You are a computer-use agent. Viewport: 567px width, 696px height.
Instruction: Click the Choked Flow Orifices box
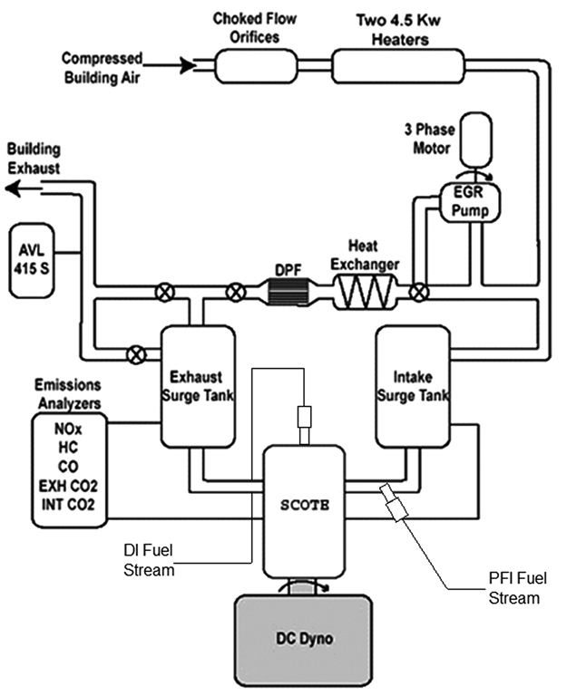click(256, 66)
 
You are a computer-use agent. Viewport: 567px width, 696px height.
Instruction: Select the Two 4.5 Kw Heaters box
click(398, 66)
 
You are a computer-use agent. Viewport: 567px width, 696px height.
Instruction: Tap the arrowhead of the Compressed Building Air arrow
click(189, 66)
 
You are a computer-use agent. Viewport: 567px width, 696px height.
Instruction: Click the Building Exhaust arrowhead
click(14, 188)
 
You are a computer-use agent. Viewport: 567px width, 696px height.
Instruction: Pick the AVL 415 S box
click(32, 261)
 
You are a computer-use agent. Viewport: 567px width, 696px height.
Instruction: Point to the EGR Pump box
click(470, 202)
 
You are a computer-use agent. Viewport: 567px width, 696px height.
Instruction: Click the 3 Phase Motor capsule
click(475, 140)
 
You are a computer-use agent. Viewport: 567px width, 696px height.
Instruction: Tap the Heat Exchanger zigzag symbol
click(365, 292)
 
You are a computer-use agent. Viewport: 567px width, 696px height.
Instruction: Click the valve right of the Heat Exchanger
click(418, 292)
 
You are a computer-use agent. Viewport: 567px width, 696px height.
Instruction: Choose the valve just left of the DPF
click(236, 292)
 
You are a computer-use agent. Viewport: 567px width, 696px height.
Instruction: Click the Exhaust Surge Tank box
click(198, 387)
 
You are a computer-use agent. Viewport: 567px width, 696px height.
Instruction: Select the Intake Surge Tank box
click(413, 387)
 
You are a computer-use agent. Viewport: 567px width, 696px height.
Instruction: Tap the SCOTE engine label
click(305, 505)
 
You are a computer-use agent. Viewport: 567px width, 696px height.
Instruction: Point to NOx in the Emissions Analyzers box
click(68, 429)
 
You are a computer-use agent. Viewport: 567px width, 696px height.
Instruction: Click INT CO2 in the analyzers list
click(68, 505)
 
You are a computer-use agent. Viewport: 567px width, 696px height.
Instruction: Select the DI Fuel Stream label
click(149, 560)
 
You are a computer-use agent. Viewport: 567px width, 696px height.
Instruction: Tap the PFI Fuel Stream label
click(518, 588)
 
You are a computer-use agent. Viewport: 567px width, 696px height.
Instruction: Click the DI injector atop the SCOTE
click(305, 425)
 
